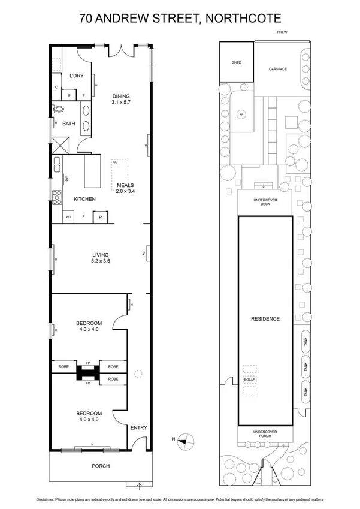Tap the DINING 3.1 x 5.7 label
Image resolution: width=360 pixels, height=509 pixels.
coord(120,100)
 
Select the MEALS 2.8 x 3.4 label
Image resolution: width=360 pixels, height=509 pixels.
coord(125,188)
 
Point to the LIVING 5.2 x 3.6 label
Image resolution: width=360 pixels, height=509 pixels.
coord(100,258)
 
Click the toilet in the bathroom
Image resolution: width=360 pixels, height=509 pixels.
coord(58,110)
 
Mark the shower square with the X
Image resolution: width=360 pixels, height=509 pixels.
coord(60,144)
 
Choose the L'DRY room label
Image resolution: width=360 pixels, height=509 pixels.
coord(76,76)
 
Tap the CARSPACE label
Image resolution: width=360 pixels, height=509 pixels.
coord(277,69)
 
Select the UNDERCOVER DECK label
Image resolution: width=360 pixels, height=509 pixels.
coord(265,201)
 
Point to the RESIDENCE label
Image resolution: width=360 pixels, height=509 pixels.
coord(265,318)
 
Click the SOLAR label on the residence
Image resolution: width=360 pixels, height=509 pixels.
coord(250,380)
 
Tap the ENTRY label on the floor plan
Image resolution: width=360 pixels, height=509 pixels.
coord(138,427)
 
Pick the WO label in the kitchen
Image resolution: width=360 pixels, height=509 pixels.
coord(68,216)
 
